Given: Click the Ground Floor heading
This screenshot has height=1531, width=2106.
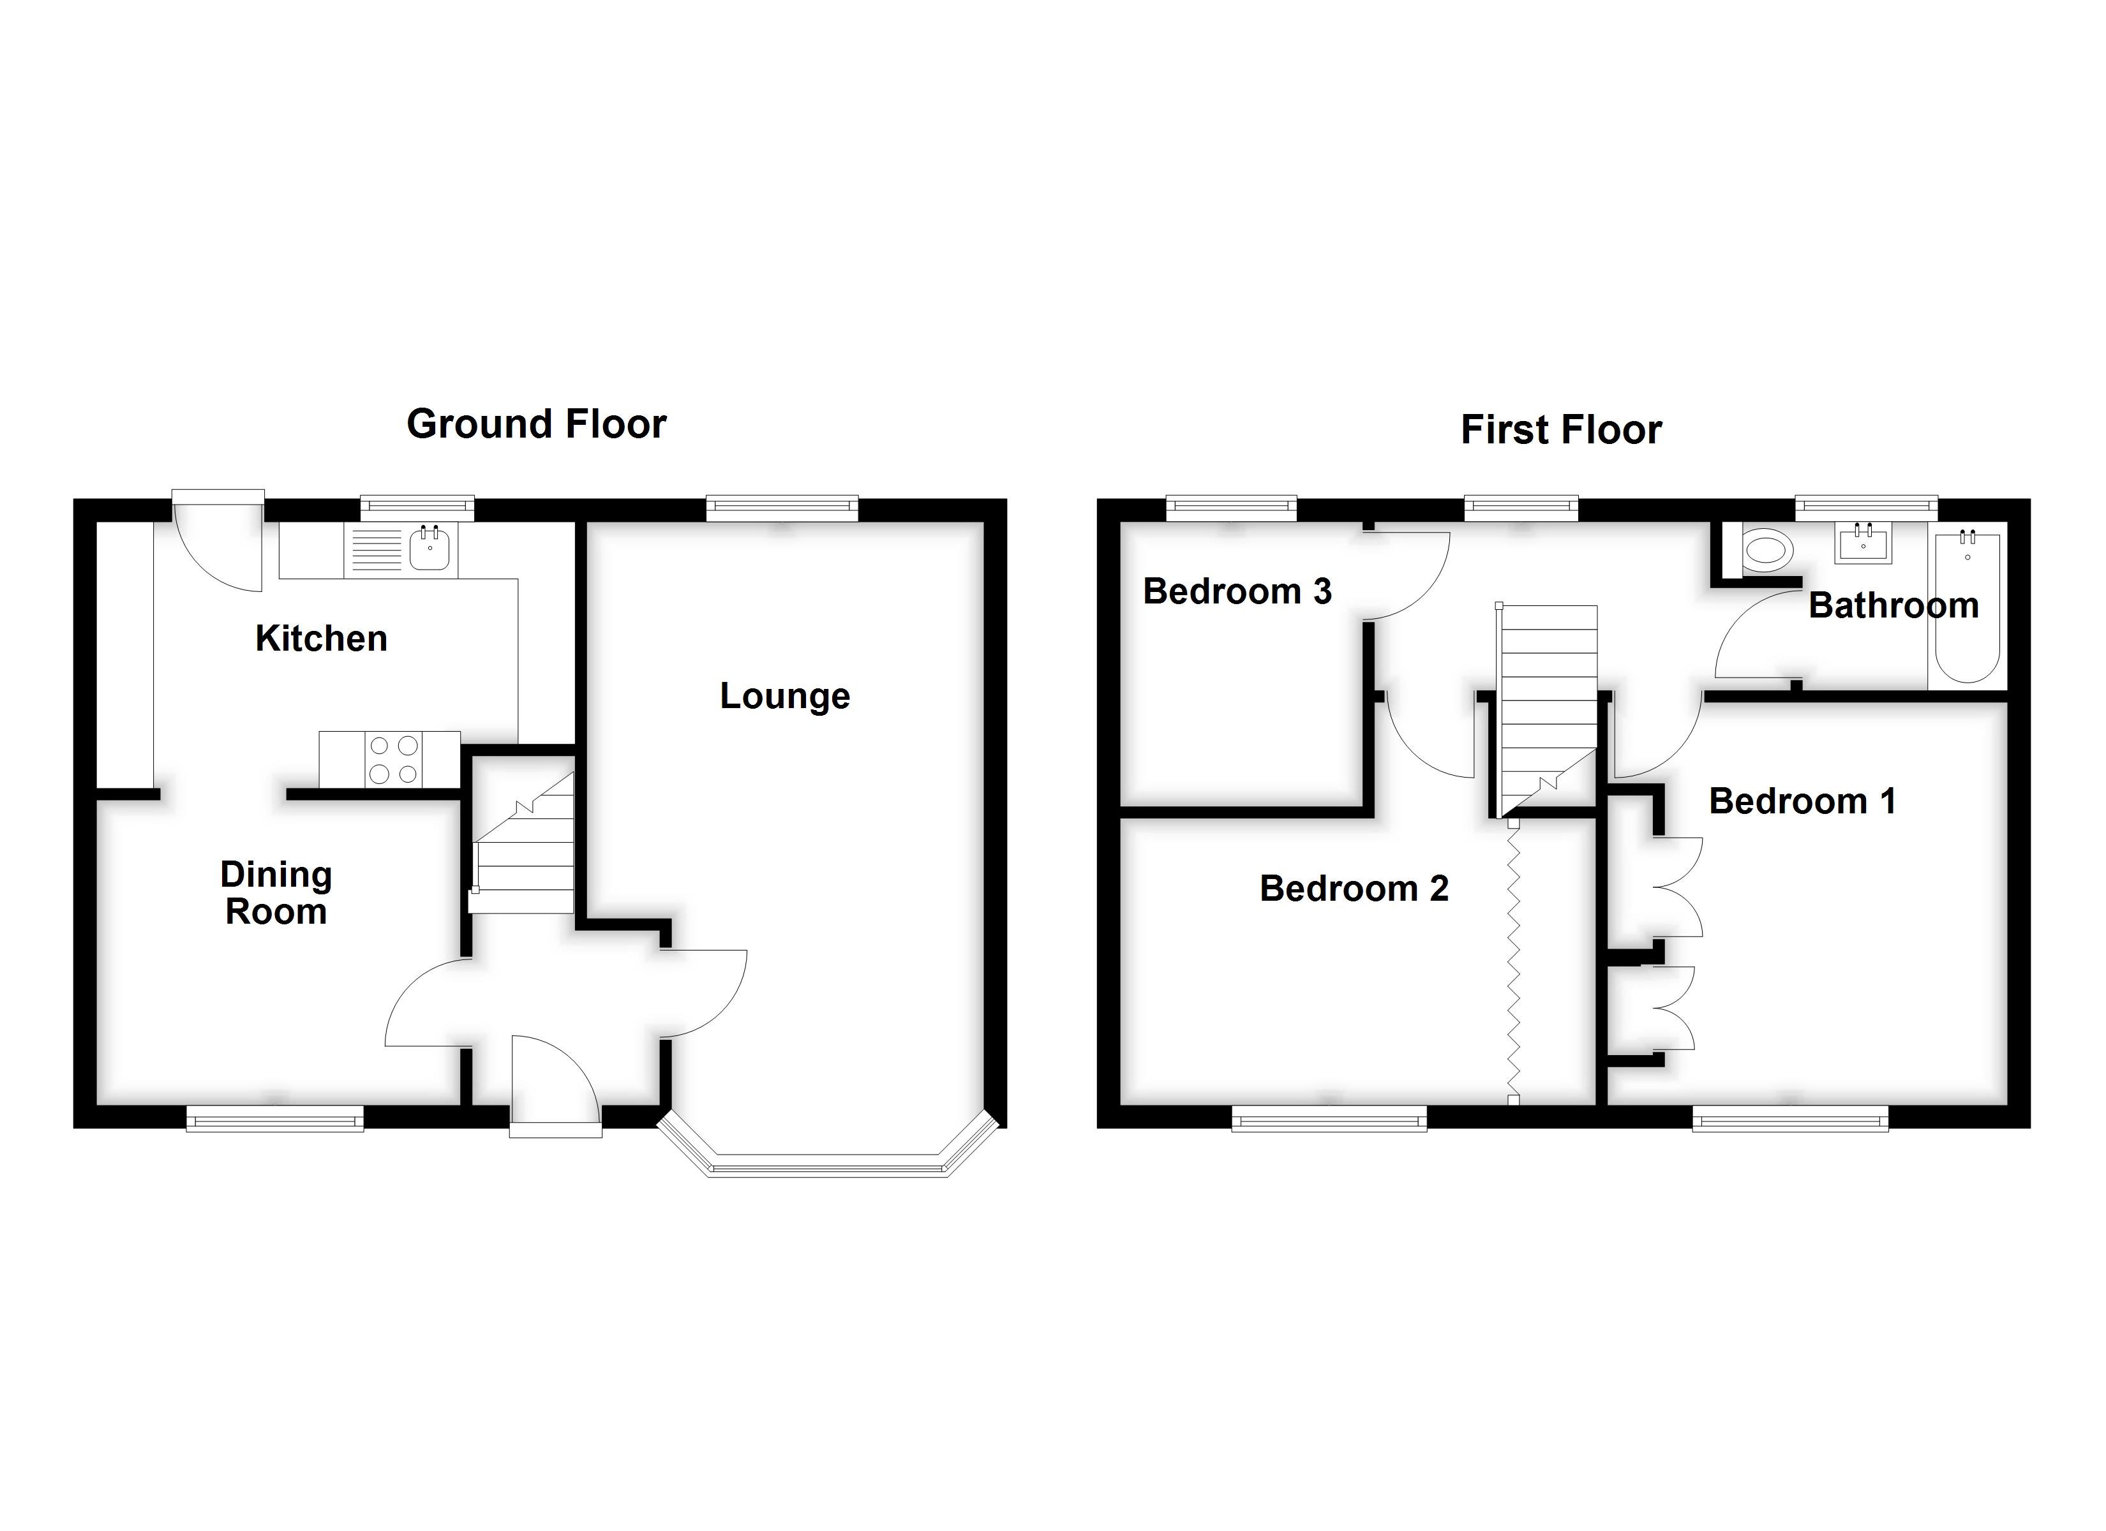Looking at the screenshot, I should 536,424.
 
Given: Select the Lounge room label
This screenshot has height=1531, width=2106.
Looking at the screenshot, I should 784,697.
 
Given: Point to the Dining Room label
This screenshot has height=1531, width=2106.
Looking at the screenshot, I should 276,893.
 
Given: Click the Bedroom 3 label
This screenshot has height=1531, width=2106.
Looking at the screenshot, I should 1237,591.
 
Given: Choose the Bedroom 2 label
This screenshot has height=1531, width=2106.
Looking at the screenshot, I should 1353,889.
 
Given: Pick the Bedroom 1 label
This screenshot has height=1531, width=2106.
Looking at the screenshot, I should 1802,801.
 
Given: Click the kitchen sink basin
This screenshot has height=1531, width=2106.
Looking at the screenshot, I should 430,550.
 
